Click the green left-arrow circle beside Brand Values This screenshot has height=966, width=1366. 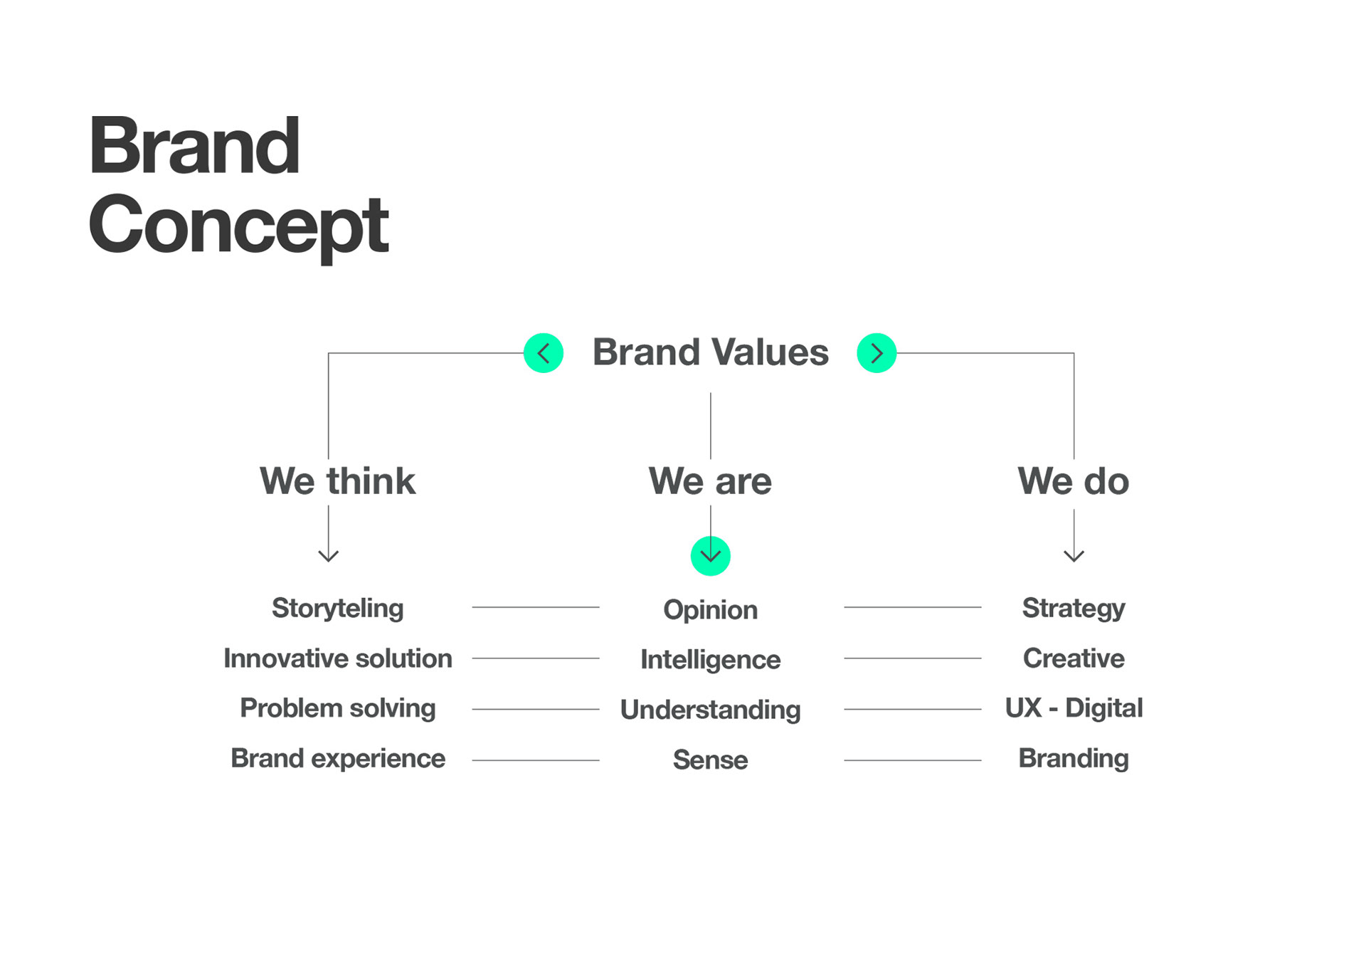544,353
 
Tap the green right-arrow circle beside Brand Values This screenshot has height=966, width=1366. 877,353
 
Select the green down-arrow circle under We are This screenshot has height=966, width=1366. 711,556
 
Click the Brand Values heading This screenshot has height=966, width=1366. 711,352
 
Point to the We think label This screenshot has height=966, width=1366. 337,481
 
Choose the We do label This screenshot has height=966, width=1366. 1073,481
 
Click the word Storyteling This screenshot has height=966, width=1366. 337,609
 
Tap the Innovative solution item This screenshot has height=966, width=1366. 337,658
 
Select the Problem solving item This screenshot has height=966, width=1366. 337,708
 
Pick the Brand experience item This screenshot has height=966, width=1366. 337,759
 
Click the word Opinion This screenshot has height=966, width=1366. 711,610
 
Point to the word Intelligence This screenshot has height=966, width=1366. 711,660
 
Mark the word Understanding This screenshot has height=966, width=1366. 711,710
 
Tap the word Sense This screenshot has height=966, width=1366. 711,760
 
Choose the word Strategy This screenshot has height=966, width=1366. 1074,609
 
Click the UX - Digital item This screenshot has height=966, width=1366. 1074,708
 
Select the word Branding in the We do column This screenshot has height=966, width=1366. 1074,759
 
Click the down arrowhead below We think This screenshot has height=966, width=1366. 328,556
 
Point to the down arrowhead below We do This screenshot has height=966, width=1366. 1074,556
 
